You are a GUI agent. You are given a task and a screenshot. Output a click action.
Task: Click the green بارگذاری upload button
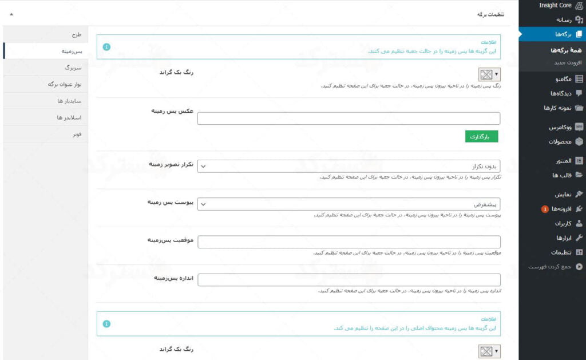pyautogui.click(x=481, y=136)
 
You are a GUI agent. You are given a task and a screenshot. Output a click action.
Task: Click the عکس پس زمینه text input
pyautogui.click(x=349, y=118)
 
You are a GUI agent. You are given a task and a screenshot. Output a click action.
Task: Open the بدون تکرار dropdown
pyautogui.click(x=349, y=166)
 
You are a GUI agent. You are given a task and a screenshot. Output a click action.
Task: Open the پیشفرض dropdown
pyautogui.click(x=349, y=204)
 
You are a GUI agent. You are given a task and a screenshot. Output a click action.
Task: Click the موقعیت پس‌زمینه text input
pyautogui.click(x=349, y=242)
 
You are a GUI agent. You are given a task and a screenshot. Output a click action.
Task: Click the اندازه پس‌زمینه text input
pyautogui.click(x=349, y=280)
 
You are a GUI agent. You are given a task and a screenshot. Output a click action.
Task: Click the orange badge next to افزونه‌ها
pyautogui.click(x=545, y=209)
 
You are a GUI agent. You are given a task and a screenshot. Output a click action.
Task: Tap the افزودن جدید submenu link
pyautogui.click(x=552, y=62)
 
